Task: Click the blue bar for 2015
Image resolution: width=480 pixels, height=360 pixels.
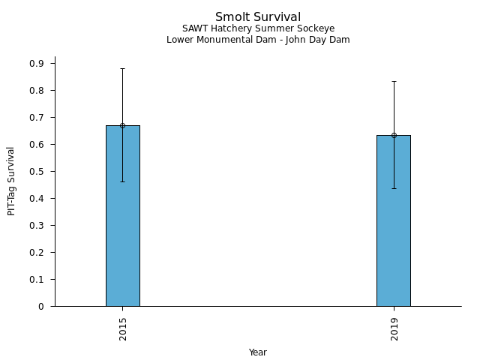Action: coord(122,225)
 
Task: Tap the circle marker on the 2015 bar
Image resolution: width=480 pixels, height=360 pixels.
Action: coord(122,125)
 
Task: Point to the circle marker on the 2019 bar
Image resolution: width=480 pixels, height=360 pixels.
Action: coord(394,135)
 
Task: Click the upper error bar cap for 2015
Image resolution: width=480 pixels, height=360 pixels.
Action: coord(122,68)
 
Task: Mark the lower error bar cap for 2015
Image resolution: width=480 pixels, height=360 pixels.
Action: coord(122,181)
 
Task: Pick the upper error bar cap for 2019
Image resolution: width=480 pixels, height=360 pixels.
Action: coord(394,81)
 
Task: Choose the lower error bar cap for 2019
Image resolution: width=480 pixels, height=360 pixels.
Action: coord(394,188)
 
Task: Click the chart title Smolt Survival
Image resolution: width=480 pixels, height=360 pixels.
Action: coord(258,17)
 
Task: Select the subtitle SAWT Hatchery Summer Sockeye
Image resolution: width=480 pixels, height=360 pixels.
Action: coord(258,28)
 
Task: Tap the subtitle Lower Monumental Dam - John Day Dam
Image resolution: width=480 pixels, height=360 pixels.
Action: coord(258,40)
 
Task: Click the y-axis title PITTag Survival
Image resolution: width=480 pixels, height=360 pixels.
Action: coord(11,181)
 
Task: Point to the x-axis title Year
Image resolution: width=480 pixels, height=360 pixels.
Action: coord(258,352)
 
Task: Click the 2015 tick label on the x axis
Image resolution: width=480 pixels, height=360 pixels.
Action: coord(122,328)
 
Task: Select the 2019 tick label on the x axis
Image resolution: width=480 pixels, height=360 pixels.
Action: coord(394,328)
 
